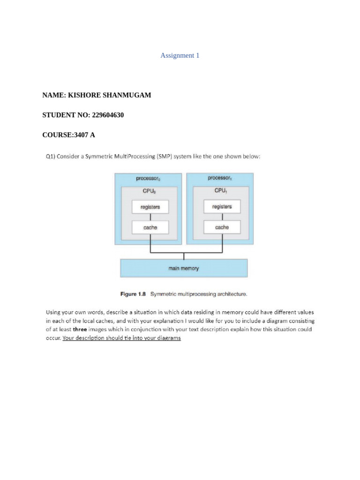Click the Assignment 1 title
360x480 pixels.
(180, 55)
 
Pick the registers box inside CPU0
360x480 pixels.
(150, 207)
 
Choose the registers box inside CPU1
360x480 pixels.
(222, 206)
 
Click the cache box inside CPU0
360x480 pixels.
(150, 227)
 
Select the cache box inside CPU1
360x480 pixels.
(222, 227)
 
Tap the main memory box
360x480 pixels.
(184, 268)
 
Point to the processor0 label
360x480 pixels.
(148, 178)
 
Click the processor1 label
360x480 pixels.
(220, 178)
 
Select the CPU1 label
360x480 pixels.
(221, 191)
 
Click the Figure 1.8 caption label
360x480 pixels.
(133, 294)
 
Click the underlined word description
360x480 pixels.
(91, 338)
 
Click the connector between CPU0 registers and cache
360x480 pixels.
(150, 217)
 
